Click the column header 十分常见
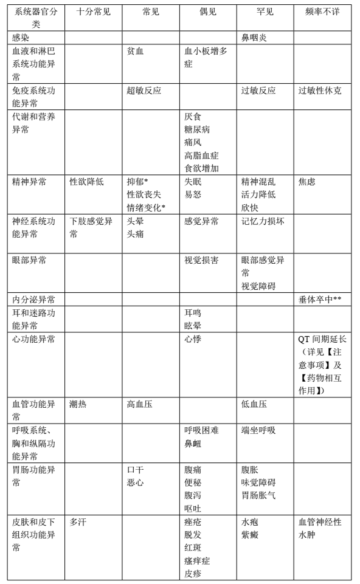94,10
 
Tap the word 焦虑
308,181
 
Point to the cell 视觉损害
201,260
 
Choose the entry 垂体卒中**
323,300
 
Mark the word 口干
136,470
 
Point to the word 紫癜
250,535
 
